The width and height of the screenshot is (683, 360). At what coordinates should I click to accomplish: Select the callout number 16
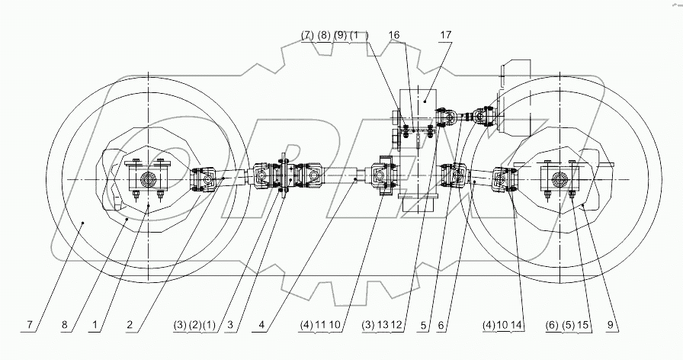click(394, 35)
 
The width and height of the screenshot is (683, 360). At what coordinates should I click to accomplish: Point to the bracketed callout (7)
click(307, 35)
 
